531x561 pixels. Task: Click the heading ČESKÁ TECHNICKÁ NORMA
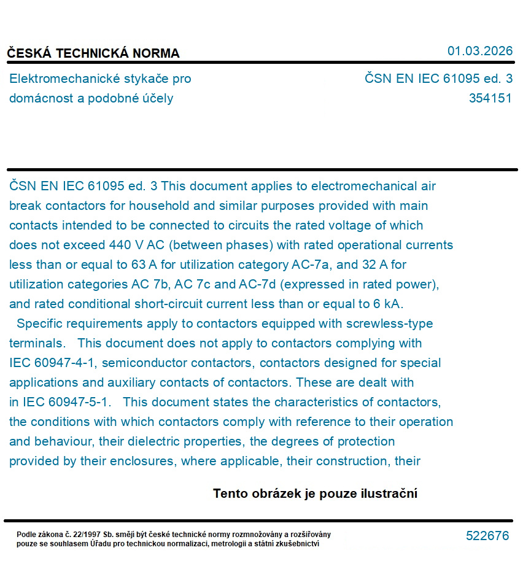93,53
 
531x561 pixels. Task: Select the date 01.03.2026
479,51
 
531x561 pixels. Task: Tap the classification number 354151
490,98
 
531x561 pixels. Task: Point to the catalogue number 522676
487,536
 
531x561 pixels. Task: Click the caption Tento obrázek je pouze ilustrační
315,493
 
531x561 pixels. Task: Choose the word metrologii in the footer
228,543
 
